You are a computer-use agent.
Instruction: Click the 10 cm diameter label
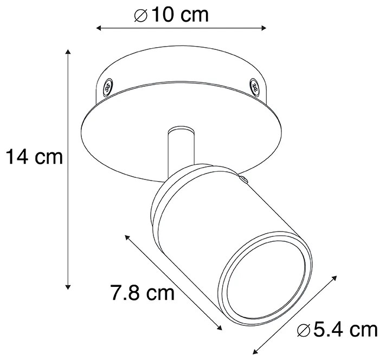[171, 15]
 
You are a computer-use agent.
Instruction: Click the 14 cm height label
[34, 157]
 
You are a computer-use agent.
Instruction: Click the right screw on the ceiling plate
[253, 85]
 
